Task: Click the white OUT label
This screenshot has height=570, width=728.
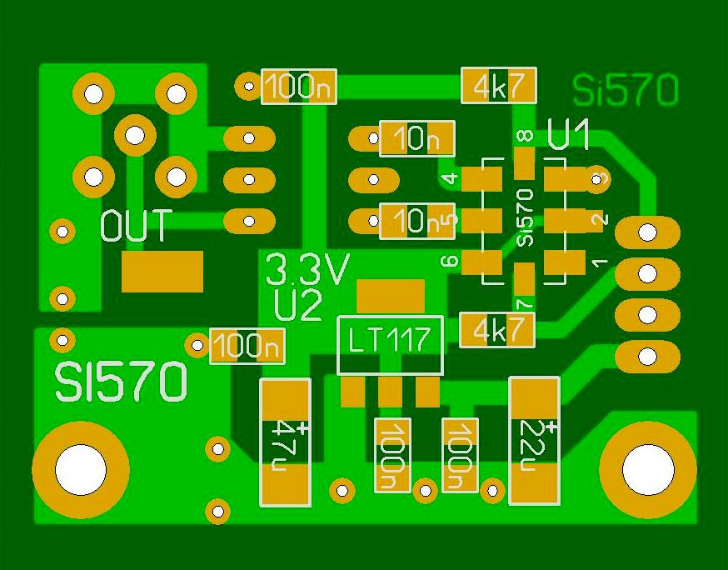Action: click(136, 226)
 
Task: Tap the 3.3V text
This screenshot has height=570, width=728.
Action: click(307, 269)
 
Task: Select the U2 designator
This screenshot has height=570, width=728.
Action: click(297, 306)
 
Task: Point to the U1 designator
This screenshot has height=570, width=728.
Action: click(570, 135)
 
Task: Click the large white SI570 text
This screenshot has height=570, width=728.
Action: click(122, 382)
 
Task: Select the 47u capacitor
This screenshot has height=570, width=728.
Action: click(286, 442)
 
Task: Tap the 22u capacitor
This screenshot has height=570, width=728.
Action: click(533, 441)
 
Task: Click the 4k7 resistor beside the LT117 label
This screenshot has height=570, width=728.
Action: click(497, 331)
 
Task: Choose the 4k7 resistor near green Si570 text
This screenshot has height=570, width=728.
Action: click(498, 86)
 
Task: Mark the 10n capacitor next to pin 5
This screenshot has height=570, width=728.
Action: click(416, 221)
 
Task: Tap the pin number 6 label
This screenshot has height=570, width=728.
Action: click(450, 262)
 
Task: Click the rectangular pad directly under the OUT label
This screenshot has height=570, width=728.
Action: click(162, 272)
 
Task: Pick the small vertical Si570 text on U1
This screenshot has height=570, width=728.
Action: click(524, 217)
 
